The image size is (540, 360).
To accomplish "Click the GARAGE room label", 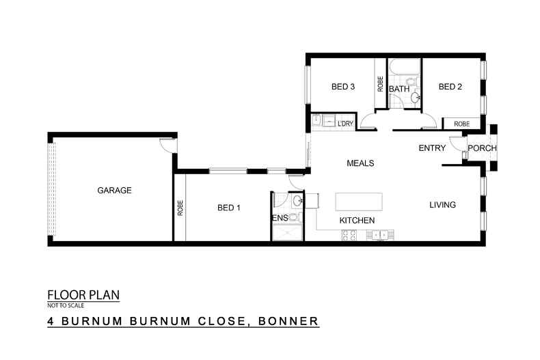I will [x=114, y=191].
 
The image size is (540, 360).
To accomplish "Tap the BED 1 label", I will [x=230, y=208].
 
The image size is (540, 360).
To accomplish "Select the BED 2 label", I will [x=450, y=87].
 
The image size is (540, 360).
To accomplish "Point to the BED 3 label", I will [x=343, y=87].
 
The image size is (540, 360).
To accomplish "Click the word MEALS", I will [x=360, y=163].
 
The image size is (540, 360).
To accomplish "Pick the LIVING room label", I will [x=442, y=205].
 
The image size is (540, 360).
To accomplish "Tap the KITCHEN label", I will [x=357, y=221].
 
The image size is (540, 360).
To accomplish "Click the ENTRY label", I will [x=432, y=148].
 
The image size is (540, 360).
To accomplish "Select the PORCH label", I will [x=482, y=149].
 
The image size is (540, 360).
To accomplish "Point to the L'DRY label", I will [x=345, y=124].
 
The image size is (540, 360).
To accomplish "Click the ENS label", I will [x=280, y=218].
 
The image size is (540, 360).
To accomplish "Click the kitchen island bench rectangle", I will [x=360, y=202].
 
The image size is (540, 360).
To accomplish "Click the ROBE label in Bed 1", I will [x=180, y=208].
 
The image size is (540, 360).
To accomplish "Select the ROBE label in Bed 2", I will [x=461, y=124].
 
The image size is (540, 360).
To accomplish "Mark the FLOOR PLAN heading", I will [x=83, y=295].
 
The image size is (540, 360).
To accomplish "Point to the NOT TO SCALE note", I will [x=66, y=306].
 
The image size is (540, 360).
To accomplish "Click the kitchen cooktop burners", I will [x=349, y=236].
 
